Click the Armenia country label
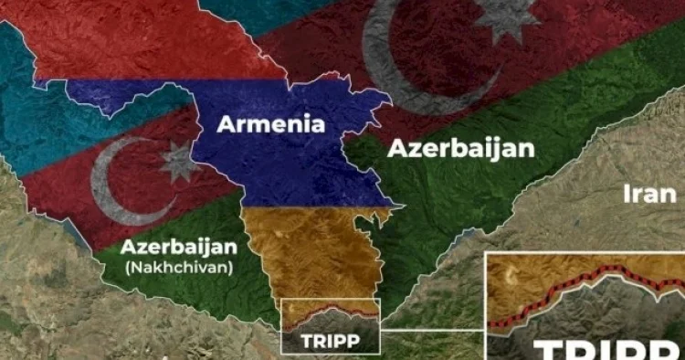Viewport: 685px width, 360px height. point(270,123)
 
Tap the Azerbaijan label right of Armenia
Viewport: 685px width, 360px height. point(461,149)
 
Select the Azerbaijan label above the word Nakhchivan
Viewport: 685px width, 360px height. point(179,247)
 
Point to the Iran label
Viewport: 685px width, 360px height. point(649,194)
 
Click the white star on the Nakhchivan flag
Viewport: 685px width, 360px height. point(176,162)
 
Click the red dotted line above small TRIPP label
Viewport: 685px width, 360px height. point(329,313)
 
